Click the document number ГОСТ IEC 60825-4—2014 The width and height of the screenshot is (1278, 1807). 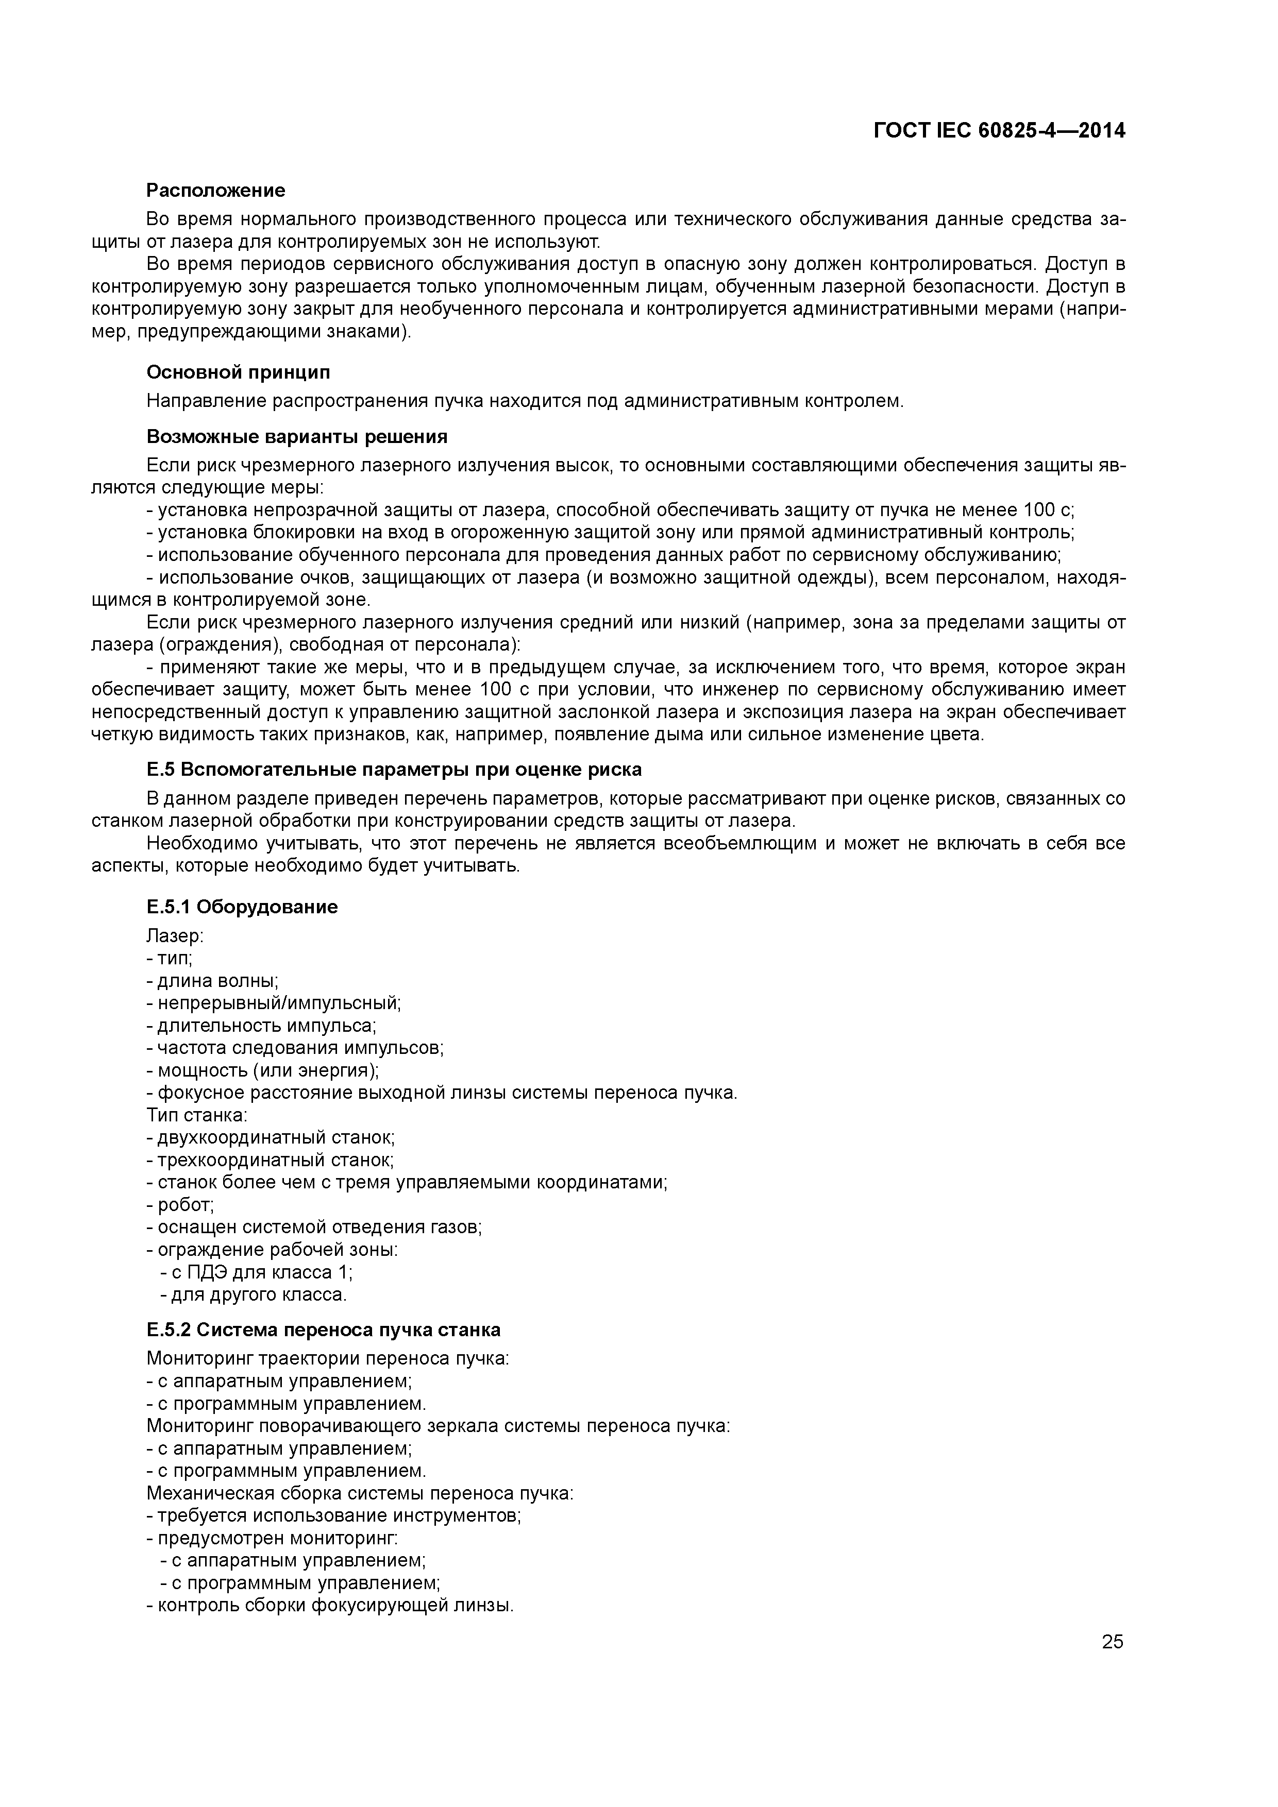pos(999,131)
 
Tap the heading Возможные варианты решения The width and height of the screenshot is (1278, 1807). pos(297,437)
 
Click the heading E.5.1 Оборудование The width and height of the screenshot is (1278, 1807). pos(242,907)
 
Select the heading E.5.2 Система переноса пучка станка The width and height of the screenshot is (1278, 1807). pos(323,1330)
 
